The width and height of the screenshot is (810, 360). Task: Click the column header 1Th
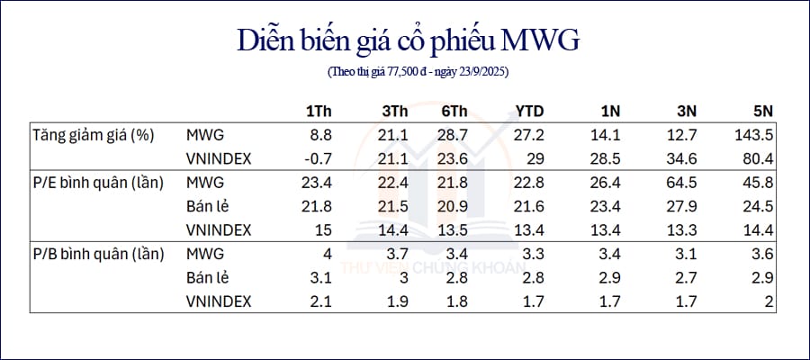[x=319, y=111]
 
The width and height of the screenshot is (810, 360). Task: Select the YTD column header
[x=529, y=111]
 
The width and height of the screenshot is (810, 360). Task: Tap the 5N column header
[x=762, y=111]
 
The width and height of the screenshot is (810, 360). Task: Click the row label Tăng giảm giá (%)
[x=94, y=137]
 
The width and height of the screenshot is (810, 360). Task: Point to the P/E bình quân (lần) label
[x=98, y=184]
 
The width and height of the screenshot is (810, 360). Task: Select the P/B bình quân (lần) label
[x=98, y=255]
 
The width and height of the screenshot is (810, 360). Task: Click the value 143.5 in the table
[x=753, y=136]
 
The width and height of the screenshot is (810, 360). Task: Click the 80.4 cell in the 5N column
[x=759, y=159]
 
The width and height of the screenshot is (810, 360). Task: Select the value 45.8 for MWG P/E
[x=759, y=184]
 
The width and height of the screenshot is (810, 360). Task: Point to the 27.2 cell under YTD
[x=529, y=136]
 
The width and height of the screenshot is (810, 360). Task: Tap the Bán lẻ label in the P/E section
[x=208, y=207]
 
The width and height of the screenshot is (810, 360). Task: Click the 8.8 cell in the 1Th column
[x=321, y=136]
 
